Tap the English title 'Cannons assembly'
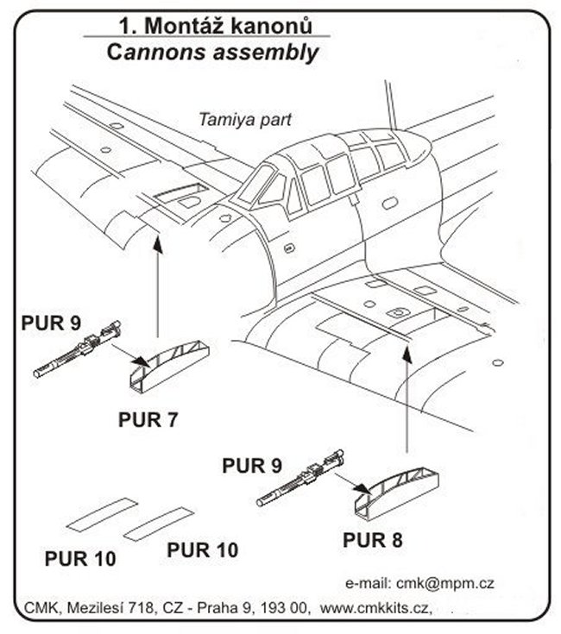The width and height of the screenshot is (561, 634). [x=211, y=52]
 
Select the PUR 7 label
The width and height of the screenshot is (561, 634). [x=153, y=421]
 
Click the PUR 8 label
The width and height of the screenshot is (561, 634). [x=373, y=541]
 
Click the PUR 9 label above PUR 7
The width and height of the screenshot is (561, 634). [x=51, y=324]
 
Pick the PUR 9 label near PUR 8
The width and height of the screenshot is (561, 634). [x=252, y=466]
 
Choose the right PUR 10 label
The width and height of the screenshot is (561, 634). [x=202, y=549]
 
